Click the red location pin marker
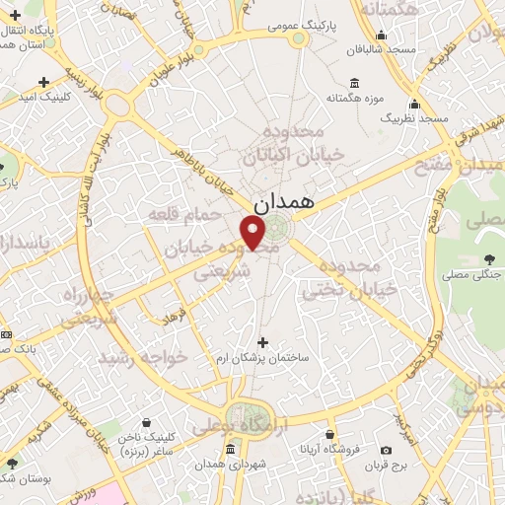pos(253,232)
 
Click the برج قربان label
pos(401,464)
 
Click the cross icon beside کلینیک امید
pos(41,81)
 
